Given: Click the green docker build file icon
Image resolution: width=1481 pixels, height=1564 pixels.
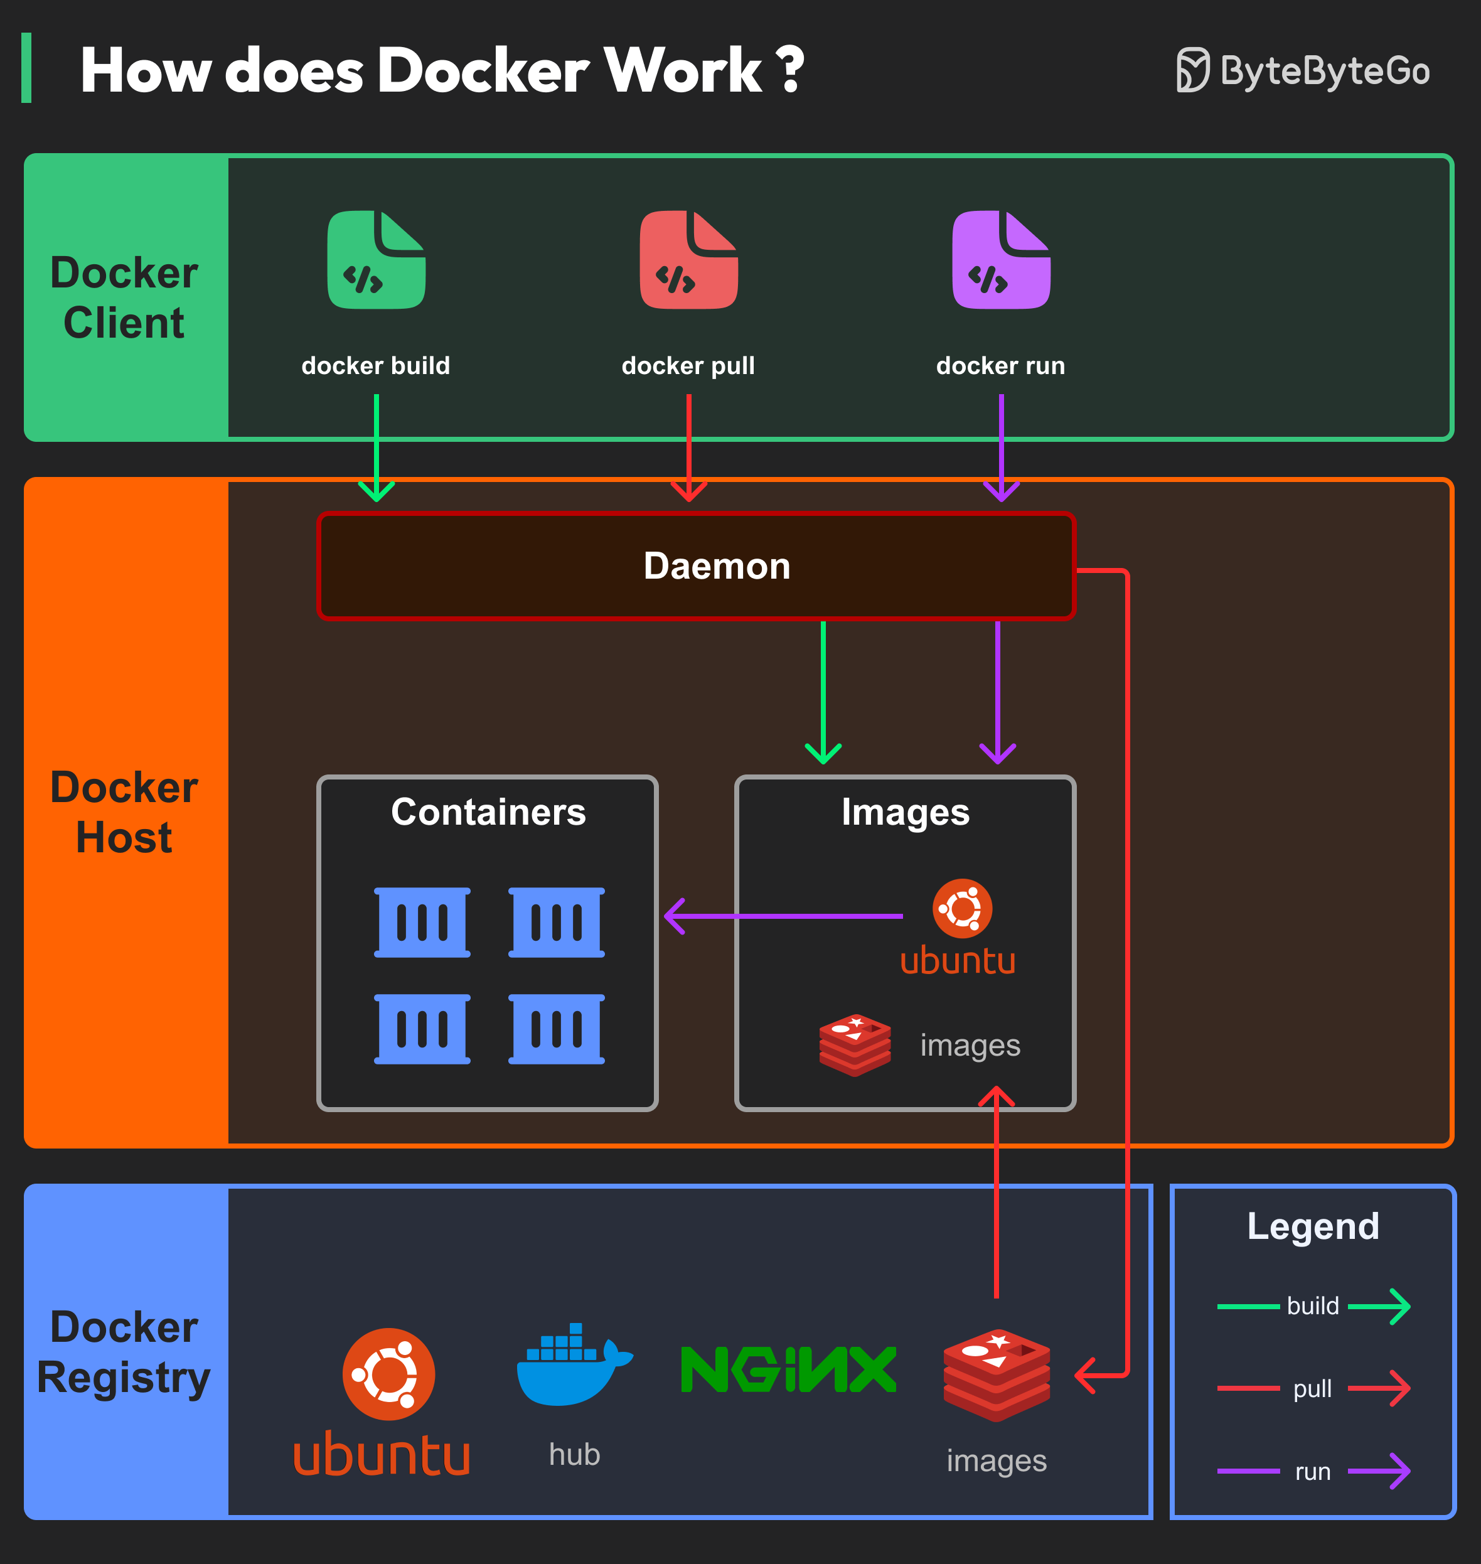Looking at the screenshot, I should click(377, 260).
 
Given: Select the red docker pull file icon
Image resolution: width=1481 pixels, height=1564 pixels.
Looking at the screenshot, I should click(688, 260).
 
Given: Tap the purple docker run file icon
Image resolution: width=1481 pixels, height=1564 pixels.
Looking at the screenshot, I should click(1001, 260).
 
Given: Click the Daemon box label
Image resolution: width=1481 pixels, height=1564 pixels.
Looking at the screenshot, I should click(717, 566).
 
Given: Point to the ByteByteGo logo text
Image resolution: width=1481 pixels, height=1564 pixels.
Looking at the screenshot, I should click(1324, 71).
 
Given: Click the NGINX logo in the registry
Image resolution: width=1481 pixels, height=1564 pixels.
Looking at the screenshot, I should click(788, 1370).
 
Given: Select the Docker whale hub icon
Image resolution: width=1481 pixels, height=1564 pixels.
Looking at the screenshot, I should click(573, 1366).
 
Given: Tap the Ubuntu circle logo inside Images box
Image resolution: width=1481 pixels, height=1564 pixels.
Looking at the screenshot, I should click(961, 908).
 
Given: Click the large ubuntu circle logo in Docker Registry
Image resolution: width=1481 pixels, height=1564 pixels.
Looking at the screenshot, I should click(388, 1374).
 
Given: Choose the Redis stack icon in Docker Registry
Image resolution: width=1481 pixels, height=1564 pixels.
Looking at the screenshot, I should click(997, 1374).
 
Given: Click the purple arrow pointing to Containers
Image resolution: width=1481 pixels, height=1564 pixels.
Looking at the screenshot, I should click(781, 916).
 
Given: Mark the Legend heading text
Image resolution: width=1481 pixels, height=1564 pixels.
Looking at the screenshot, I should click(1313, 1226).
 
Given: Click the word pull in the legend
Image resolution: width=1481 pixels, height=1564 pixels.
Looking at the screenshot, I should click(1312, 1389).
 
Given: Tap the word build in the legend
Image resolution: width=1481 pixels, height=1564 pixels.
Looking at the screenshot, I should click(1312, 1306).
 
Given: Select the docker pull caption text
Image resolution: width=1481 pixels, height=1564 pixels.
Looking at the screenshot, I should click(688, 365).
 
